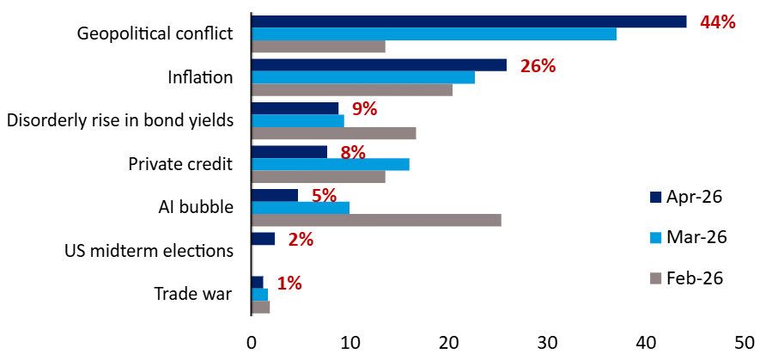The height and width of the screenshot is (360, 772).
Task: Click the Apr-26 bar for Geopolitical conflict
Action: [468, 21]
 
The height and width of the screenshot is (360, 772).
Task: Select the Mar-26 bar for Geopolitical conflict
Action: [434, 34]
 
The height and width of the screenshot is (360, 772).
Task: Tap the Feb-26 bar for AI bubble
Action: [375, 220]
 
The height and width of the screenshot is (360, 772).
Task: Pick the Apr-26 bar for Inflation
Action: [378, 65]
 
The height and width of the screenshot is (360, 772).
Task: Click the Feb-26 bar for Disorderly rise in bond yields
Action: [333, 133]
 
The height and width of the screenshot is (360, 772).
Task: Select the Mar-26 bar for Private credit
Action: [330, 164]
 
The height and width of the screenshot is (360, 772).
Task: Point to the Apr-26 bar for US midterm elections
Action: [263, 239]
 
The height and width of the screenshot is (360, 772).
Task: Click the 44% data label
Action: [718, 22]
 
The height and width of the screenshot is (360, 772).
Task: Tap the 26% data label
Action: [538, 66]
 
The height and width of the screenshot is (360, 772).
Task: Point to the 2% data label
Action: [301, 240]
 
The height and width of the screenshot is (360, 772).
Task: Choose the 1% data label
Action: [289, 284]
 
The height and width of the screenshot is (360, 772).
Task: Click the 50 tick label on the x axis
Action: [745, 341]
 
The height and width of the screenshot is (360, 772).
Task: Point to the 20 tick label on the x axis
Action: [448, 341]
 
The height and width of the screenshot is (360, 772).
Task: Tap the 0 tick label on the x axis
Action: [251, 341]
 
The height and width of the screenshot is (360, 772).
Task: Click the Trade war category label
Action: [193, 294]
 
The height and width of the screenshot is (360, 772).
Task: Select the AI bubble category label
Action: [196, 207]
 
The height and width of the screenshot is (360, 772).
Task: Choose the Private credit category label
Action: [180, 164]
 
